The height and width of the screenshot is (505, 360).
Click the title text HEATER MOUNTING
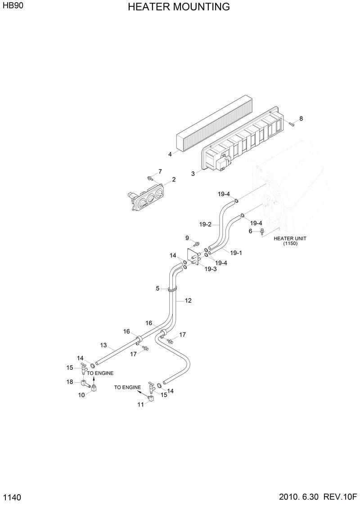pyautogui.click(x=179, y=7)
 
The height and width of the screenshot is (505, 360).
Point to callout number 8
pyautogui.click(x=301, y=118)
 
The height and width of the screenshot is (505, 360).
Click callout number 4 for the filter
pyautogui.click(x=170, y=154)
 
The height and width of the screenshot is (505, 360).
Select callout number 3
pyautogui.click(x=193, y=173)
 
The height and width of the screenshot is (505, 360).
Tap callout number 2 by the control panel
pyautogui.click(x=174, y=179)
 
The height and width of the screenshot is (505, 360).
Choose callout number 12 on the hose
pyautogui.click(x=188, y=300)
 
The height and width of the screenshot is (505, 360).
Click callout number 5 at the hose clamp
pyautogui.click(x=157, y=288)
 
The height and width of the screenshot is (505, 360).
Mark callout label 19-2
pyautogui.click(x=205, y=224)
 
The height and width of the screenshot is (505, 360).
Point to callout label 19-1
pyautogui.click(x=236, y=253)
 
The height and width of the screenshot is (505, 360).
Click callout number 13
pyautogui.click(x=103, y=345)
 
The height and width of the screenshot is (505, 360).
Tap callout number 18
pyautogui.click(x=70, y=382)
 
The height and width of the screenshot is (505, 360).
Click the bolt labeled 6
pyautogui.click(x=262, y=232)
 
